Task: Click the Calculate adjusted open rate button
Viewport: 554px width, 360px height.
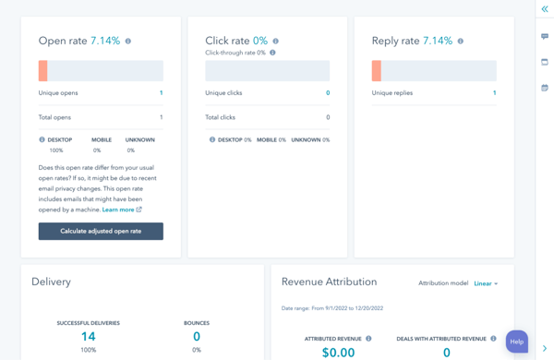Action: click(x=101, y=231)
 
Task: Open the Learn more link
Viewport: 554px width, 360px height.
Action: click(x=118, y=210)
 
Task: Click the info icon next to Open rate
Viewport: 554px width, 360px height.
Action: click(x=128, y=42)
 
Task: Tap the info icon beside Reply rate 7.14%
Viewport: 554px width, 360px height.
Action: click(x=461, y=42)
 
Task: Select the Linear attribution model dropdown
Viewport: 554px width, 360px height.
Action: click(x=486, y=283)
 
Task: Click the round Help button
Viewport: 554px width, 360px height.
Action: click(x=516, y=342)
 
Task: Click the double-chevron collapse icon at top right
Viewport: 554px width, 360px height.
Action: click(x=545, y=9)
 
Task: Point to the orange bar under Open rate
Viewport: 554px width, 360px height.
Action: click(x=43, y=70)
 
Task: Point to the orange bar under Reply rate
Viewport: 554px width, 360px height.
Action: click(x=377, y=70)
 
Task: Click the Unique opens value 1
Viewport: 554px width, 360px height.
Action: click(x=161, y=93)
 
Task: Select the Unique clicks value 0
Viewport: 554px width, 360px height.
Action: click(x=328, y=93)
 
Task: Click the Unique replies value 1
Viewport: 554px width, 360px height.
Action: click(x=494, y=93)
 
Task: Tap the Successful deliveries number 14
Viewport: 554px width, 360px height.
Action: click(x=89, y=337)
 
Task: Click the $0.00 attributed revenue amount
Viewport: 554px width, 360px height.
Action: click(x=338, y=352)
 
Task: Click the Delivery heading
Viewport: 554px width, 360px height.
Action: click(x=51, y=282)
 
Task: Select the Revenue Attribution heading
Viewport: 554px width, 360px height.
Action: click(x=329, y=282)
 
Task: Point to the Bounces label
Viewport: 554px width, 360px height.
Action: click(x=197, y=323)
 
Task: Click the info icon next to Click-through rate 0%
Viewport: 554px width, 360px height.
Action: click(x=272, y=53)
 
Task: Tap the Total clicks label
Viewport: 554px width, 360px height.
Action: click(x=220, y=117)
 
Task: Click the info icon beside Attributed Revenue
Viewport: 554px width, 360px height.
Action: click(x=368, y=339)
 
